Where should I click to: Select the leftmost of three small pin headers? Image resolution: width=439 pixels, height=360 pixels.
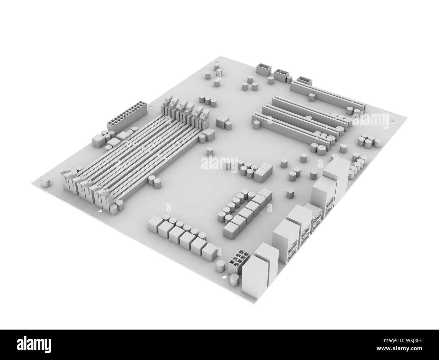[x=263, y=69]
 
